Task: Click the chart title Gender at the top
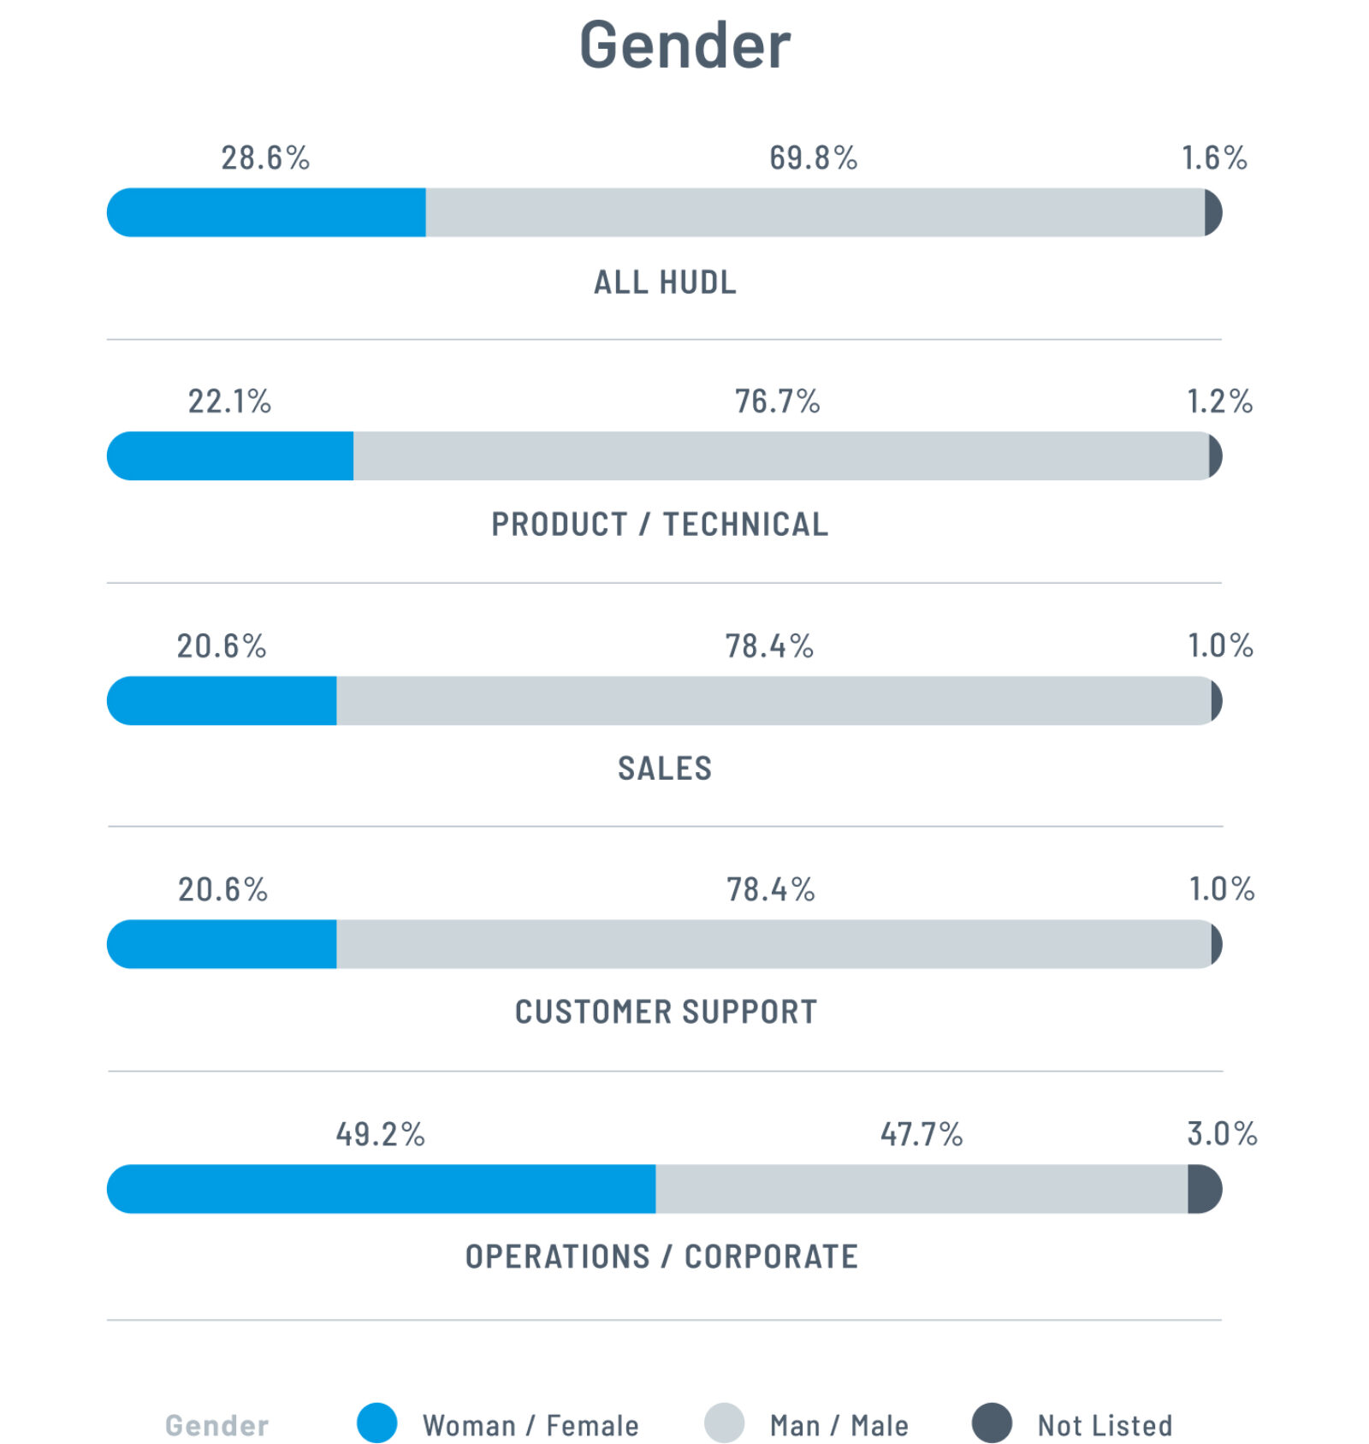coord(684,45)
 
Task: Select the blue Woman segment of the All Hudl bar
coord(266,212)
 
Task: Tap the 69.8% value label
coord(813,158)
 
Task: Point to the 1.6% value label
coord(1214,158)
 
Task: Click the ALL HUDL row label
coord(665,282)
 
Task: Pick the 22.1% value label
coord(229,401)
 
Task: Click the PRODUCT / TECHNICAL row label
coord(660,525)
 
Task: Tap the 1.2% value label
coord(1219,401)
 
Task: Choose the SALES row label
coord(665,769)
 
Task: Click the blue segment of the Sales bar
coord(222,701)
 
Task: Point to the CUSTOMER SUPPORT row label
coord(666,1013)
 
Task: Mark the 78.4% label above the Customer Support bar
coord(770,890)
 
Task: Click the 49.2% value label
coord(380,1135)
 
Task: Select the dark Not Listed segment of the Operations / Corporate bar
coord(1204,1189)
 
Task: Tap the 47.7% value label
coord(922,1135)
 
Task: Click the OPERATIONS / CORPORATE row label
coord(661,1257)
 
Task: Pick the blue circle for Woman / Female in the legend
coord(376,1423)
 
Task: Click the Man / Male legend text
coord(839,1426)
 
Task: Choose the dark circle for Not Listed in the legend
coord(992,1423)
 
